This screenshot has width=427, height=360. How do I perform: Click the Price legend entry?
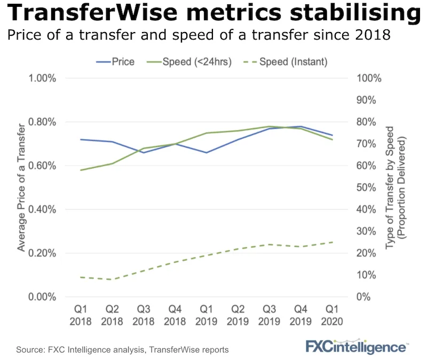[115, 61]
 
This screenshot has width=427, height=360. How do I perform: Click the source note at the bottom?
[122, 350]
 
